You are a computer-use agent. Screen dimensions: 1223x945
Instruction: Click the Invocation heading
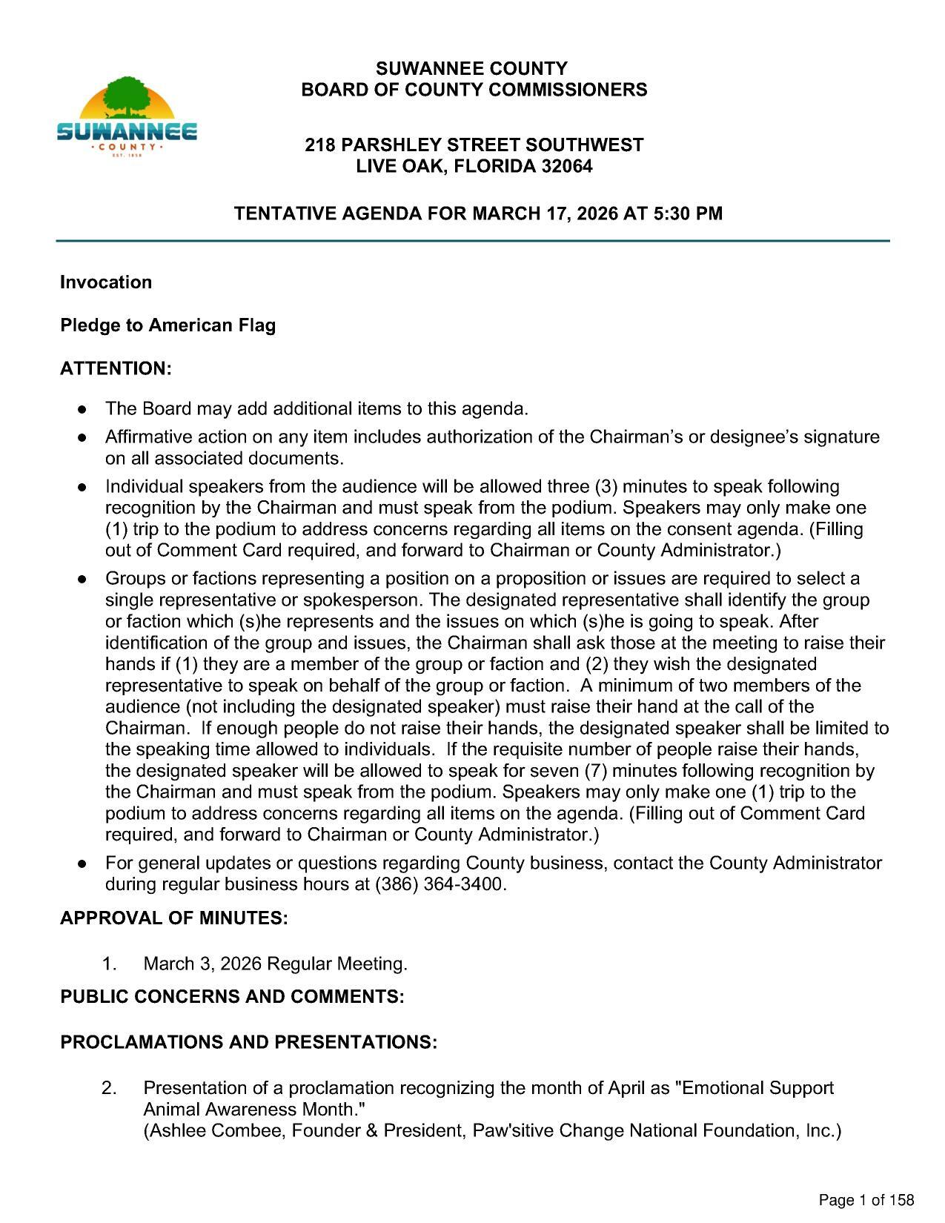[x=106, y=282]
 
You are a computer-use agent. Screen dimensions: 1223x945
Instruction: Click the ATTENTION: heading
[x=116, y=368]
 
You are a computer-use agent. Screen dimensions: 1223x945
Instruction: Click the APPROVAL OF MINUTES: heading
[x=173, y=918]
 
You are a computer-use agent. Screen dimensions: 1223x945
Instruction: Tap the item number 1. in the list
[x=110, y=964]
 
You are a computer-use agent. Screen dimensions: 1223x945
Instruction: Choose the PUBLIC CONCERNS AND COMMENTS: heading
[x=232, y=996]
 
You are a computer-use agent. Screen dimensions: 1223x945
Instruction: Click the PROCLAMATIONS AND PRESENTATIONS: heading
[x=248, y=1042]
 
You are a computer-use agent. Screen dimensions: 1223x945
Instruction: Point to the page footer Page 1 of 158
[x=866, y=1200]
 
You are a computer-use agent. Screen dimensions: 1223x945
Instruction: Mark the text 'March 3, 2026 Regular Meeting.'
[x=275, y=964]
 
